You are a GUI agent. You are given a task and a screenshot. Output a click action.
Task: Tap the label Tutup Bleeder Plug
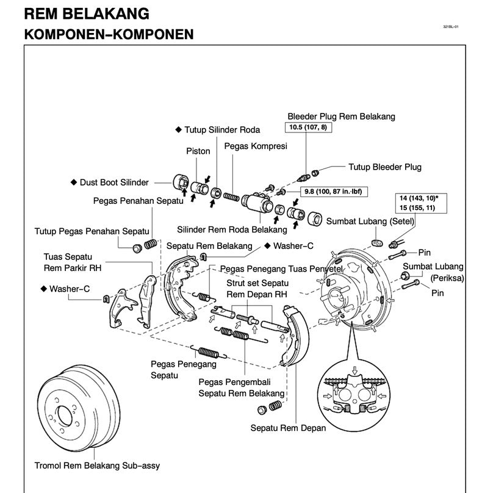384,167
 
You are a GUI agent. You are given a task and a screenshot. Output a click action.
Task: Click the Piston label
198,151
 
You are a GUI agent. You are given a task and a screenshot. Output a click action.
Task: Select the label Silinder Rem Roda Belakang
232,230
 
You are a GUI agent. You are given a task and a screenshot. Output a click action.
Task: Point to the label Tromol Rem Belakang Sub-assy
97,466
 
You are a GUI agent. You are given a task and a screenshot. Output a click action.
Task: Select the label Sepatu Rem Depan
288,428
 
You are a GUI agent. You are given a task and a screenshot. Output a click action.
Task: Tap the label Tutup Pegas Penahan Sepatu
92,231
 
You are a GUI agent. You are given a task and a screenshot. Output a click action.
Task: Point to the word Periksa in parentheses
447,278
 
